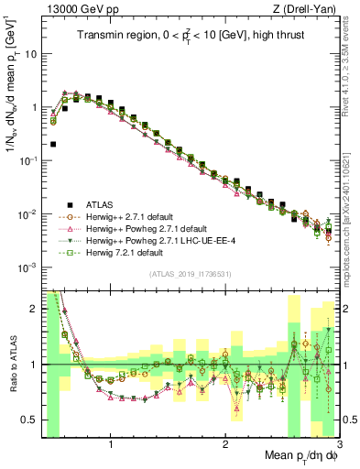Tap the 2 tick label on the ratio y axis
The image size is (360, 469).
[33, 309]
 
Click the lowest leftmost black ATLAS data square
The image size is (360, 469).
[53, 144]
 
